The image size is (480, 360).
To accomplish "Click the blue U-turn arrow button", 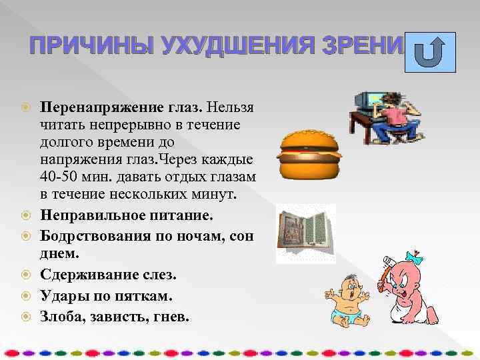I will pyautogui.click(x=431, y=52).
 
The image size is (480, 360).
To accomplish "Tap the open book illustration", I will pyautogui.click(x=306, y=233).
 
